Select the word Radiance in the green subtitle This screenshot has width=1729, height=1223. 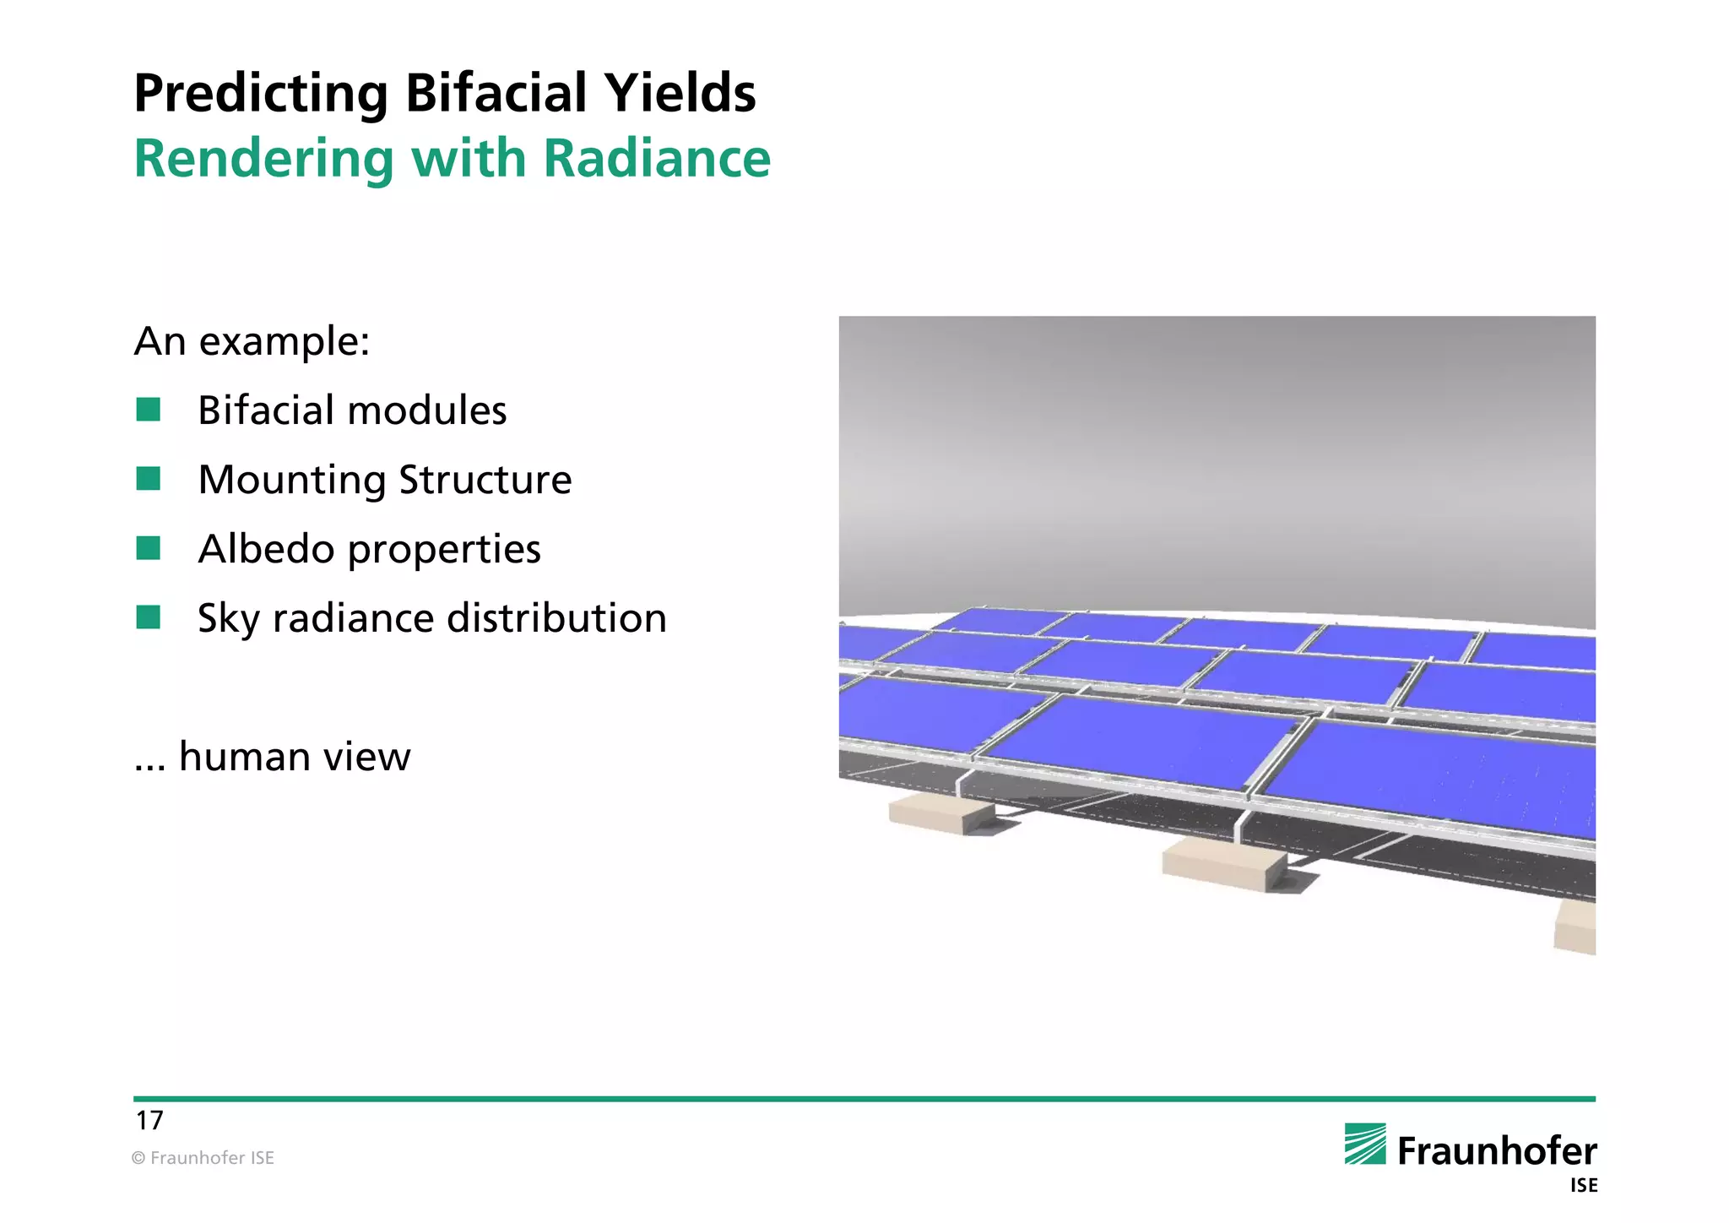pyautogui.click(x=656, y=159)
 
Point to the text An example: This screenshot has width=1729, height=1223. pyautogui.click(x=252, y=341)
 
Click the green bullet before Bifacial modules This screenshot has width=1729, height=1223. pyautogui.click(x=149, y=410)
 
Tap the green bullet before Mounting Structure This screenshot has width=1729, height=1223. pyautogui.click(x=149, y=479)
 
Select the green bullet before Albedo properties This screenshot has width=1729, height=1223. pyautogui.click(x=149, y=548)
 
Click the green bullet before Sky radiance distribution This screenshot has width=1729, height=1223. pyautogui.click(x=149, y=617)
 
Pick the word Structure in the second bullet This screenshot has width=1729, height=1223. pyautogui.click(x=485, y=480)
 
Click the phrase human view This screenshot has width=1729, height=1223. pyautogui.click(x=295, y=756)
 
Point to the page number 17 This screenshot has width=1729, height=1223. pyautogui.click(x=149, y=1120)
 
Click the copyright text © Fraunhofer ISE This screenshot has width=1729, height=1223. pyautogui.click(x=203, y=1158)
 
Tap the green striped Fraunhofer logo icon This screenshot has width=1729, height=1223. pyautogui.click(x=1364, y=1144)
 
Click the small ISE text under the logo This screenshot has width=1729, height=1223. pyautogui.click(x=1583, y=1186)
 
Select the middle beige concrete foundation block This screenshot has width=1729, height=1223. pyautogui.click(x=1223, y=862)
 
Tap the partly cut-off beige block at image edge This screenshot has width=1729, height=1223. pyautogui.click(x=1576, y=928)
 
